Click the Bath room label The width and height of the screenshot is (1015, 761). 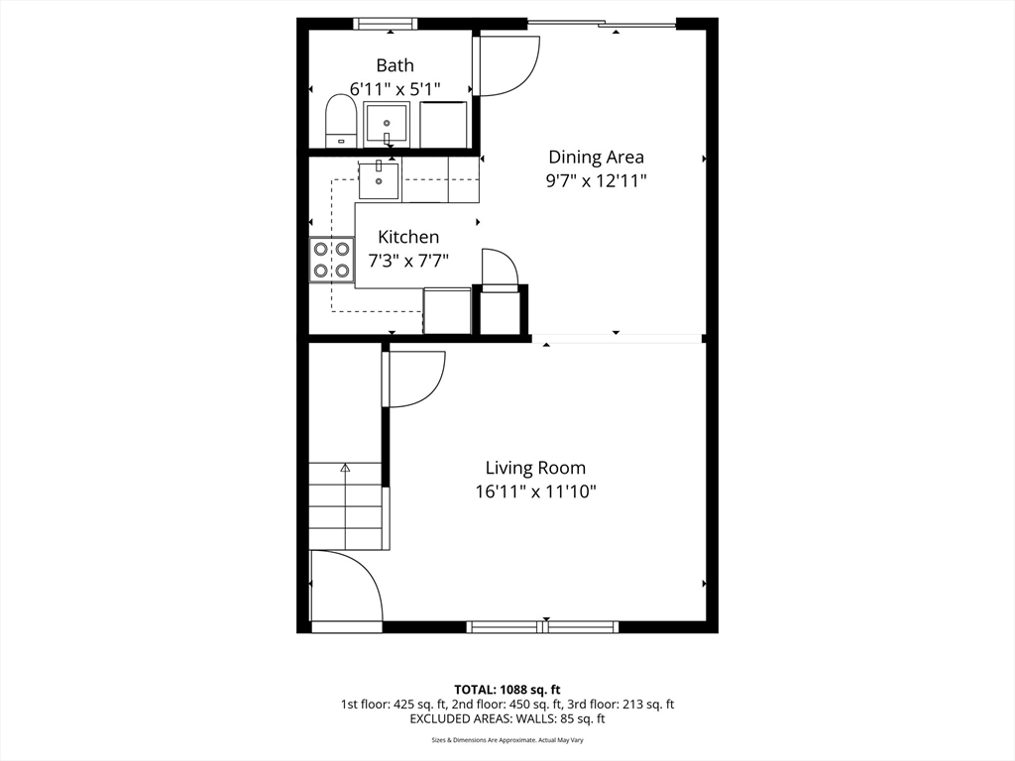coord(395,65)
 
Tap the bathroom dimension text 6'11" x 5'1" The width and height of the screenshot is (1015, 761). coord(395,89)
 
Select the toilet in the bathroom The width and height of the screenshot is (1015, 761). coord(341,121)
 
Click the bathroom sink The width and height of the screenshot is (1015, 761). coord(386,125)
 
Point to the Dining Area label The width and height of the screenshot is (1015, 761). coord(596,157)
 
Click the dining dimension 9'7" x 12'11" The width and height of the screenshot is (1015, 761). coord(596,180)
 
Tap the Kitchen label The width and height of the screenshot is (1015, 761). coord(409,237)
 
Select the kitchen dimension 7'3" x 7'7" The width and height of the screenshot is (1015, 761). coord(409,261)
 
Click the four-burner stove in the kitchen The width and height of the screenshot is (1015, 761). coord(332,260)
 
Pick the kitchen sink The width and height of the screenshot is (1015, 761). coord(379,180)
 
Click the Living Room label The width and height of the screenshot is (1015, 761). coord(535,468)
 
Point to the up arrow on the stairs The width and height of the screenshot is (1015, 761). coord(345,468)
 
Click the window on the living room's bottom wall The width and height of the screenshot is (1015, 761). coord(543,626)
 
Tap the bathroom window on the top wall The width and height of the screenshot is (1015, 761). coord(385,24)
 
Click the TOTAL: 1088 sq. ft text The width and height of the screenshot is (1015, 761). coord(507,689)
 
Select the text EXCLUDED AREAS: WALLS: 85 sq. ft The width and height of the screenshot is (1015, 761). coord(507,718)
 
